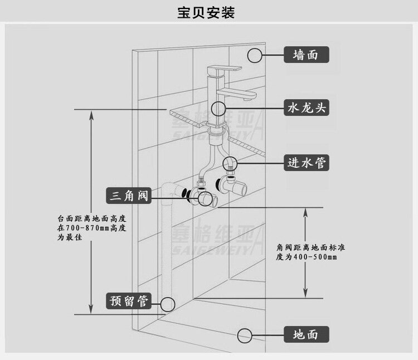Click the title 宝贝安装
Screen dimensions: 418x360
[x=208, y=12]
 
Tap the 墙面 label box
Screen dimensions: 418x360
[x=305, y=55]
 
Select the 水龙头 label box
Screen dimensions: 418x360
[x=305, y=108]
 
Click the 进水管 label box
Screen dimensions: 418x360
[x=305, y=163]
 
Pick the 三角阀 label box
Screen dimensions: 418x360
[x=129, y=196]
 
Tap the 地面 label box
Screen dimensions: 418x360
[x=305, y=335]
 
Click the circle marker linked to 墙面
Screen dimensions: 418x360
[x=255, y=55]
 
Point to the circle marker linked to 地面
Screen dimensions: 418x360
[x=245, y=335]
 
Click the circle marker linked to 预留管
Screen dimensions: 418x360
[x=168, y=304]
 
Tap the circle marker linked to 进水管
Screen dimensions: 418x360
[x=230, y=163]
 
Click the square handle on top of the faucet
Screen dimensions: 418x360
[x=224, y=70]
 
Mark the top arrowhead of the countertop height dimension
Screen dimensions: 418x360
[x=91, y=112]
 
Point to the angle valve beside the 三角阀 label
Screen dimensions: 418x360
[x=204, y=196]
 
